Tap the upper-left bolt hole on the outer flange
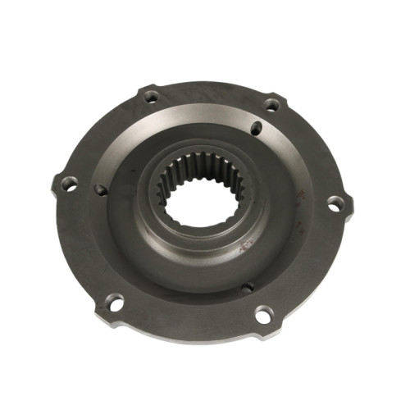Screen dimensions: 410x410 point(151,97)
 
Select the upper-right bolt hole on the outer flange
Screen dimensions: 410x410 point(271,104)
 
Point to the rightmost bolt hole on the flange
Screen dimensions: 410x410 point(335,203)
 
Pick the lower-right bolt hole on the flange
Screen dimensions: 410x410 point(263,312)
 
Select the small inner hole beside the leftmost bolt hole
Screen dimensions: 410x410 point(99,189)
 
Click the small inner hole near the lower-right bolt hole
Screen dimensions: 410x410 point(247,287)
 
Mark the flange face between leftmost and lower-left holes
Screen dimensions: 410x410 point(82,246)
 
